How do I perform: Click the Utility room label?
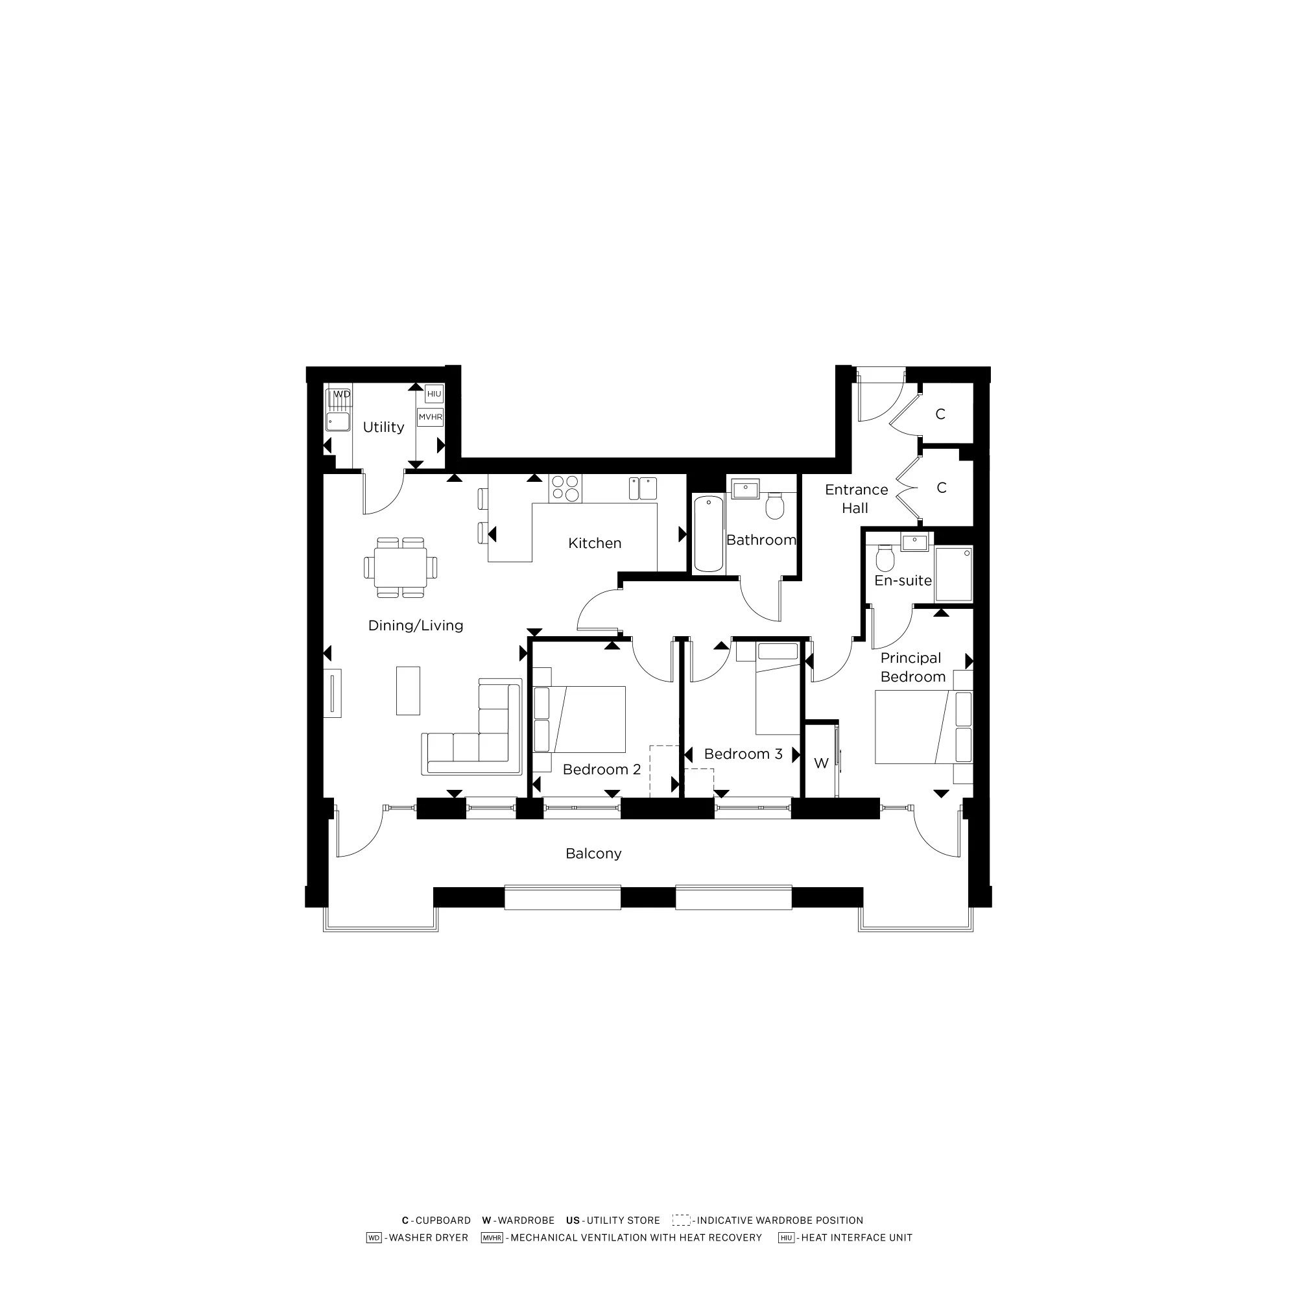383,427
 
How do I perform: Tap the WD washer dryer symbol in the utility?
342,394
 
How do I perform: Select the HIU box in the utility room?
434,394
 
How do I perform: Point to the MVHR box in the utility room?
431,417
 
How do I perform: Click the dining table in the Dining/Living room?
400,567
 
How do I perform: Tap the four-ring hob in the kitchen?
565,488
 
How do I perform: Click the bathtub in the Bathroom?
708,534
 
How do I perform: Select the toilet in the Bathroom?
775,506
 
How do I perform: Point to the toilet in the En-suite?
885,558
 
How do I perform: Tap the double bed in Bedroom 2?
580,719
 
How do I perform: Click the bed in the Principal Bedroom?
923,727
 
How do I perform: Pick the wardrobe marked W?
821,763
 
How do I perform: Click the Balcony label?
593,853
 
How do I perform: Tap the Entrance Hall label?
856,499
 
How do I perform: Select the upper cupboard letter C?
940,414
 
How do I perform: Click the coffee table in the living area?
408,690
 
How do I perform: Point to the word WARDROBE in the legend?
526,1220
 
